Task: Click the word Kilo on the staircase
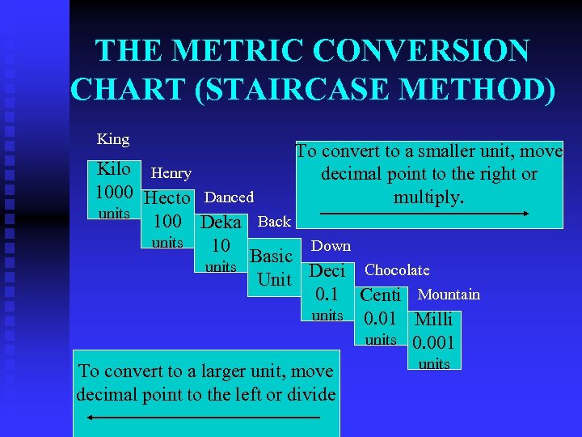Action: click(x=114, y=170)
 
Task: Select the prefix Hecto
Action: click(x=167, y=198)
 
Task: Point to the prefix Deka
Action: click(x=221, y=223)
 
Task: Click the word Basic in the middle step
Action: click(x=271, y=257)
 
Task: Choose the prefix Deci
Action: click(x=327, y=270)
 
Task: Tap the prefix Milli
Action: click(x=434, y=319)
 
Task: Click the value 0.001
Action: click(x=434, y=342)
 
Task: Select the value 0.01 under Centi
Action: click(x=380, y=318)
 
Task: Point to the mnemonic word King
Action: click(x=113, y=139)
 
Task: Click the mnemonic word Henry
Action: click(x=171, y=173)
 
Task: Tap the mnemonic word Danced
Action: click(x=230, y=197)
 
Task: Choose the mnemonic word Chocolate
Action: click(x=398, y=270)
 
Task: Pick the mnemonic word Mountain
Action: click(x=449, y=295)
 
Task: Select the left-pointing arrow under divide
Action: click(x=203, y=418)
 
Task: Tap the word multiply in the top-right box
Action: click(x=429, y=197)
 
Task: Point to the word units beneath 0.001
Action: click(x=434, y=364)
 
